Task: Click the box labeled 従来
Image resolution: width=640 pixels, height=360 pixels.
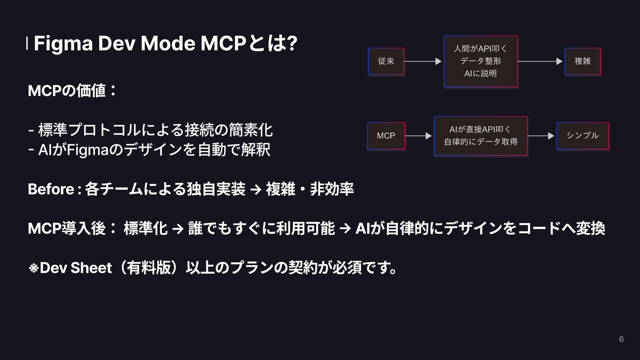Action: click(x=386, y=61)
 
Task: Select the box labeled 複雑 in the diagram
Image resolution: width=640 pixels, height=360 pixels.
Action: click(x=582, y=61)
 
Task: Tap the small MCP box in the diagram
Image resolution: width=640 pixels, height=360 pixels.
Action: click(x=386, y=136)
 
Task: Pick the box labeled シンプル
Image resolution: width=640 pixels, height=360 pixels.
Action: click(x=582, y=136)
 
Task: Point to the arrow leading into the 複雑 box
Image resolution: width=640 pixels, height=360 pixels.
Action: click(x=540, y=61)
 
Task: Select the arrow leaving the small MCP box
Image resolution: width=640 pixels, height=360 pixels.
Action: click(x=418, y=136)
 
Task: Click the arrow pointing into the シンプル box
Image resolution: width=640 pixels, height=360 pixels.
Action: click(x=541, y=136)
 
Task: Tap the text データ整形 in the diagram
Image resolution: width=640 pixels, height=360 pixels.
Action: click(x=480, y=61)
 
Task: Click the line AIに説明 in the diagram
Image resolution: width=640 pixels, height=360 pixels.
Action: click(x=480, y=73)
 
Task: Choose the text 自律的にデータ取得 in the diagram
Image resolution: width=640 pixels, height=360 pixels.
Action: click(x=480, y=142)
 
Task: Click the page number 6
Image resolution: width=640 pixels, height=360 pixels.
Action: click(x=621, y=339)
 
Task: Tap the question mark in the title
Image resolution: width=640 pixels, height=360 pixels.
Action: click(x=292, y=44)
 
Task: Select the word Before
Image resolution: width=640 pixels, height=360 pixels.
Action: click(x=51, y=189)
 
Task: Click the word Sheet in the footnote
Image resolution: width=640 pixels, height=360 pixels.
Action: click(x=91, y=268)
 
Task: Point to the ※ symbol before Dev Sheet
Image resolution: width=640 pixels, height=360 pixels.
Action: click(x=33, y=268)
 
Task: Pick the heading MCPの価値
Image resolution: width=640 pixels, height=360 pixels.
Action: click(x=72, y=91)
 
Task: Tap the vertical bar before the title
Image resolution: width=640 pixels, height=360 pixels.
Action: click(x=27, y=44)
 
